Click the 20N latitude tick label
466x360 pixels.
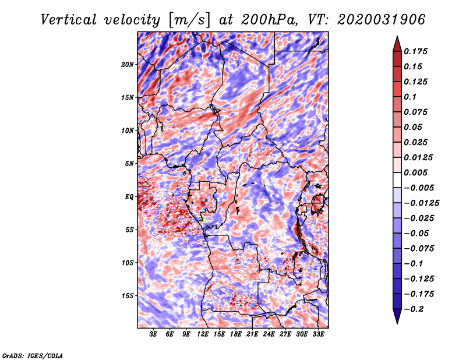click(127, 65)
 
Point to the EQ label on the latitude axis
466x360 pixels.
click(129, 197)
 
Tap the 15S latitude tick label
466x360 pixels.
click(127, 296)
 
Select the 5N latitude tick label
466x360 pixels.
click(129, 164)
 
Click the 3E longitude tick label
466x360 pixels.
click(153, 334)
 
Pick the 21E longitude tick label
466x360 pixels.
click(252, 334)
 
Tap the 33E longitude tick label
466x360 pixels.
click(318, 334)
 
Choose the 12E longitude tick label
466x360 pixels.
click(202, 334)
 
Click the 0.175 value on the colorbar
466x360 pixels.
click(415, 51)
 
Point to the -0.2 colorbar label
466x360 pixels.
click(414, 309)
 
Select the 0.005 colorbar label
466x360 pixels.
click(415, 172)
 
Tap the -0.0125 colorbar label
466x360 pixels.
click(421, 203)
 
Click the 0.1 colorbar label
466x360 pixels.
click(410, 97)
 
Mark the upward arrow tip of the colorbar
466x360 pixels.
click(397, 36)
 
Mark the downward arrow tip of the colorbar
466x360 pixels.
click(397, 323)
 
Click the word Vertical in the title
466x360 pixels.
click(69, 20)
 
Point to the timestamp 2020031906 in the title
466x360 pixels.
click(382, 20)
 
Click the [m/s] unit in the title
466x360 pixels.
click(189, 20)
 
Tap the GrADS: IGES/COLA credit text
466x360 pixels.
click(33, 355)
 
